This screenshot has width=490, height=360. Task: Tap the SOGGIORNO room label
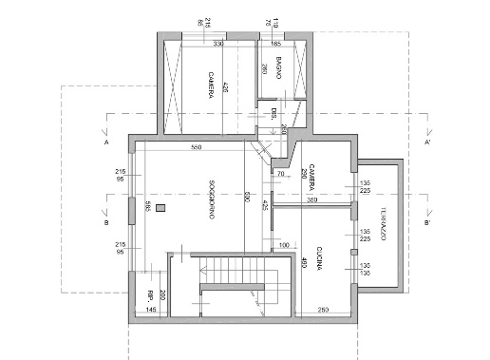(x=204, y=201)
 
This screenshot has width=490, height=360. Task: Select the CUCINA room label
(x=320, y=255)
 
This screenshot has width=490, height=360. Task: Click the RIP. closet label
(x=150, y=294)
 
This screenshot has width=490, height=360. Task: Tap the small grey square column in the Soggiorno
(x=160, y=206)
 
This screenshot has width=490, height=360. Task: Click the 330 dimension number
(x=217, y=44)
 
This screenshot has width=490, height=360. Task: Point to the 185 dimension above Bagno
(x=276, y=44)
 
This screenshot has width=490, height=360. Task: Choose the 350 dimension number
(x=311, y=200)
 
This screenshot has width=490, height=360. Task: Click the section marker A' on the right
(x=428, y=142)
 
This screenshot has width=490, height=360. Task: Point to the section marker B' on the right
(x=428, y=223)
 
